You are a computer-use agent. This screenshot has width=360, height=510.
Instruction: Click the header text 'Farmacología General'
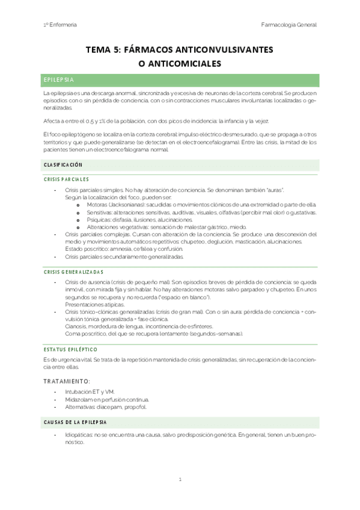point(288,25)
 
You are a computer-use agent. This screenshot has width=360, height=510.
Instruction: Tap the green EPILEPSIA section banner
point(181,80)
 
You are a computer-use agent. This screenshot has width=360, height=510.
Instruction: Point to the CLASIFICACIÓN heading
point(63,164)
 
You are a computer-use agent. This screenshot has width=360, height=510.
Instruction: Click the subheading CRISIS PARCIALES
point(66,179)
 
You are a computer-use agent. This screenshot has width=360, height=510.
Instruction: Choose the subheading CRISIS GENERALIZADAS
point(73,272)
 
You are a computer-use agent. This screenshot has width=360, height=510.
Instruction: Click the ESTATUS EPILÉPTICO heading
point(70,348)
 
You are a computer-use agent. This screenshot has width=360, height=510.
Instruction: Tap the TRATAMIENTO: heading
point(67,381)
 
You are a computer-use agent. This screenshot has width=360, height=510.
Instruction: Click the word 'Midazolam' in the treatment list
point(79,399)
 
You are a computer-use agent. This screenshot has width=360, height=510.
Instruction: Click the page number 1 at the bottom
point(180,479)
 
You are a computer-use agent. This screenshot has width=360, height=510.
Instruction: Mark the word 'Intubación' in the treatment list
point(79,392)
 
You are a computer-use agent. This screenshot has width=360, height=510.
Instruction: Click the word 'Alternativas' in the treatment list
point(81,407)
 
